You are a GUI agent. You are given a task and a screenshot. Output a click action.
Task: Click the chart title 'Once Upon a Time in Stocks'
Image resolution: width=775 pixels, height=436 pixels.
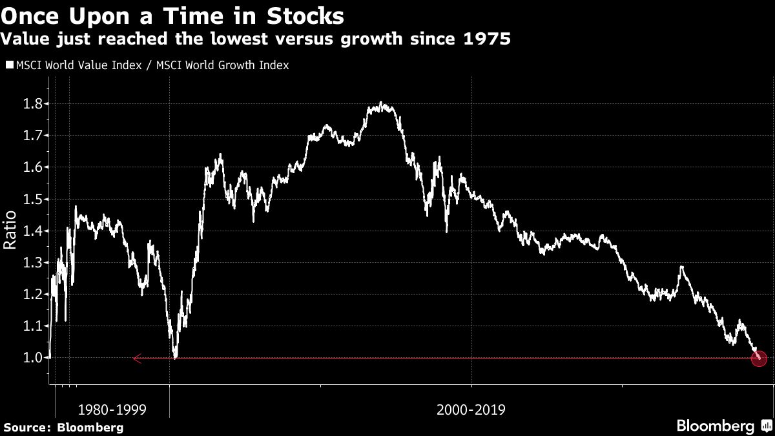tap(172, 15)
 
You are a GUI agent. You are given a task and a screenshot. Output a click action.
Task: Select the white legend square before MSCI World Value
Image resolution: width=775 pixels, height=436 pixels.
tap(10, 65)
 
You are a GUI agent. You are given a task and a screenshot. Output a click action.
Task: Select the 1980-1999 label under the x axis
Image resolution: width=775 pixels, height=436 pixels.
tap(112, 410)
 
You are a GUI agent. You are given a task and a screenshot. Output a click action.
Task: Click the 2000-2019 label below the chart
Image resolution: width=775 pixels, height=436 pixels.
tap(471, 410)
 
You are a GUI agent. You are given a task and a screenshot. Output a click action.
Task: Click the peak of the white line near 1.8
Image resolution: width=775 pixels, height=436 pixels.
tap(382, 103)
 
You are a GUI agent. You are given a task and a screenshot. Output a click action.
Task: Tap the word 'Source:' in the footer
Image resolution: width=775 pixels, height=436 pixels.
tap(27, 427)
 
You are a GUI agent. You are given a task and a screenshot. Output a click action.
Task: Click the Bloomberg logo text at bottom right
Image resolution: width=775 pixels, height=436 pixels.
tap(715, 426)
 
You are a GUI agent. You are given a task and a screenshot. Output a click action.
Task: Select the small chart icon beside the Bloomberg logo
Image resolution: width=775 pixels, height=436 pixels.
tap(767, 426)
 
